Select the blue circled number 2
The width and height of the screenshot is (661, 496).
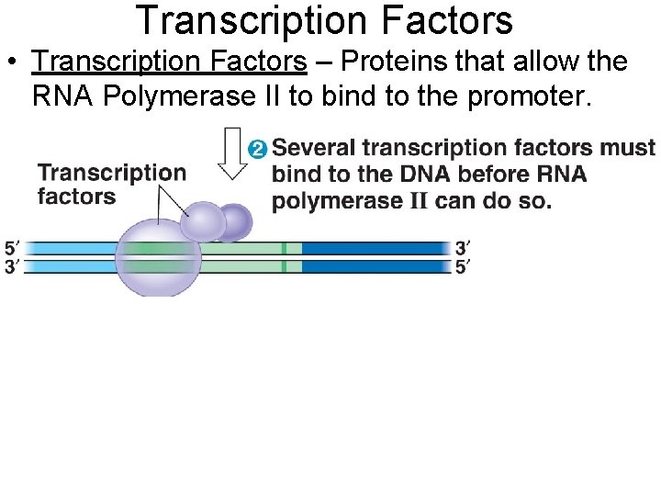click(x=258, y=149)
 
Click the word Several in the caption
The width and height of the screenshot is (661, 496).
click(x=314, y=148)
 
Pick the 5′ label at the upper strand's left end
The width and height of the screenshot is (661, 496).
click(x=12, y=248)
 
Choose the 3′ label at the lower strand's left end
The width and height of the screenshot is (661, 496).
click(x=12, y=267)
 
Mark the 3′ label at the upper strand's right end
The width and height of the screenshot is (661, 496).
click(x=464, y=248)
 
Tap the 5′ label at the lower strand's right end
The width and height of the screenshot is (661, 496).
click(x=464, y=267)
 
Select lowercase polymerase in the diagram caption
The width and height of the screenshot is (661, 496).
click(x=336, y=200)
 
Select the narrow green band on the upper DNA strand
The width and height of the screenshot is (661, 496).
click(x=285, y=248)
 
